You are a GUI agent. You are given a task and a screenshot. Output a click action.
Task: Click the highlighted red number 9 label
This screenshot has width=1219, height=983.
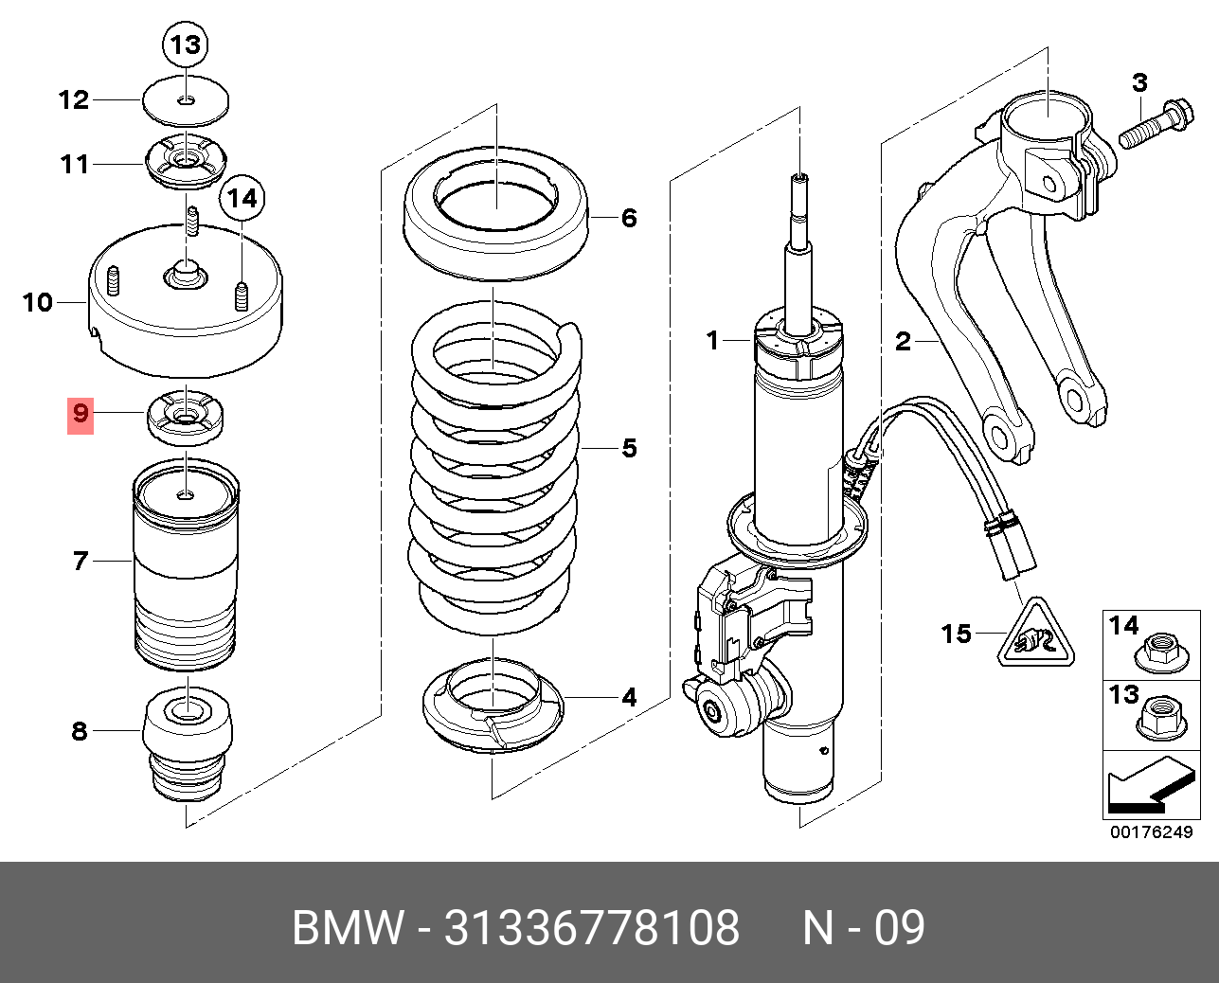pos(81,414)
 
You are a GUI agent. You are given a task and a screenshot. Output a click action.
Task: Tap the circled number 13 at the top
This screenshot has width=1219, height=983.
pos(187,45)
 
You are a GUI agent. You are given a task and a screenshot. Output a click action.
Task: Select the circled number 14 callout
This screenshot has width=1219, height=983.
pos(242,199)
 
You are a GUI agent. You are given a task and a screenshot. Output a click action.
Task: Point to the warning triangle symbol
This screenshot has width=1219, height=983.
pos(1031,634)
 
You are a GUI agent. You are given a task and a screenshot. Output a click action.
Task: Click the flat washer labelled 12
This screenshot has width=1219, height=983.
pos(187,99)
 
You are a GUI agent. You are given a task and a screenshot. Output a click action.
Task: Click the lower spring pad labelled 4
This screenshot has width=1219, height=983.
pos(493,706)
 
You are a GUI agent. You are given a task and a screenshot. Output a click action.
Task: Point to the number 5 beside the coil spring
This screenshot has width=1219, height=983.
pos(630,448)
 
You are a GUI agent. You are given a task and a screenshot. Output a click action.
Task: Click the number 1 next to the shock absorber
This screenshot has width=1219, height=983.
pos(714,340)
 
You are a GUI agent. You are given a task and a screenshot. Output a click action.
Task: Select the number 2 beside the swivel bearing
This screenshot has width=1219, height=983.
pos(904,341)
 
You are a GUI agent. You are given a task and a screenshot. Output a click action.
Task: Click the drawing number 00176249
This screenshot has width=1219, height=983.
pos(1152,832)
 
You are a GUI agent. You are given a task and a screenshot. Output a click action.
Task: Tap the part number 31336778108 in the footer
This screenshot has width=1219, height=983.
pos(592,927)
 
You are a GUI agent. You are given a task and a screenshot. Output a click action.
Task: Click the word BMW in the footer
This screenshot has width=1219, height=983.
pos(347,927)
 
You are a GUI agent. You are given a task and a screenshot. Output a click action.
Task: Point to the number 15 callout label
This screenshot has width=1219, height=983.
pos(957,633)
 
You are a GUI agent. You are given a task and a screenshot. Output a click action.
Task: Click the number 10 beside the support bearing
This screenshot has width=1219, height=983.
pos(38,303)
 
